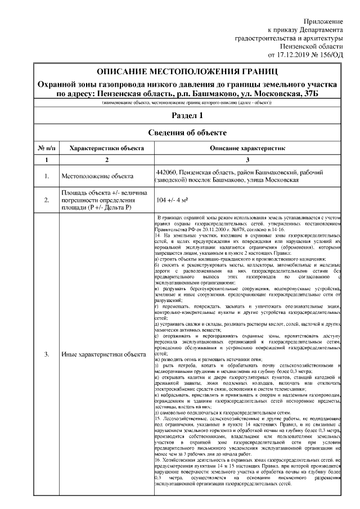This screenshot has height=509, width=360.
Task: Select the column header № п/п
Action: [x=46, y=147]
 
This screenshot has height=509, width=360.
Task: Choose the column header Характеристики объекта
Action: [x=102, y=147]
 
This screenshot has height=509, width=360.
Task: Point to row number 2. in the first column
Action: [x=47, y=200]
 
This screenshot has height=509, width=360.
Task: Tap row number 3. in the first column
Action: [x=47, y=354]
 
